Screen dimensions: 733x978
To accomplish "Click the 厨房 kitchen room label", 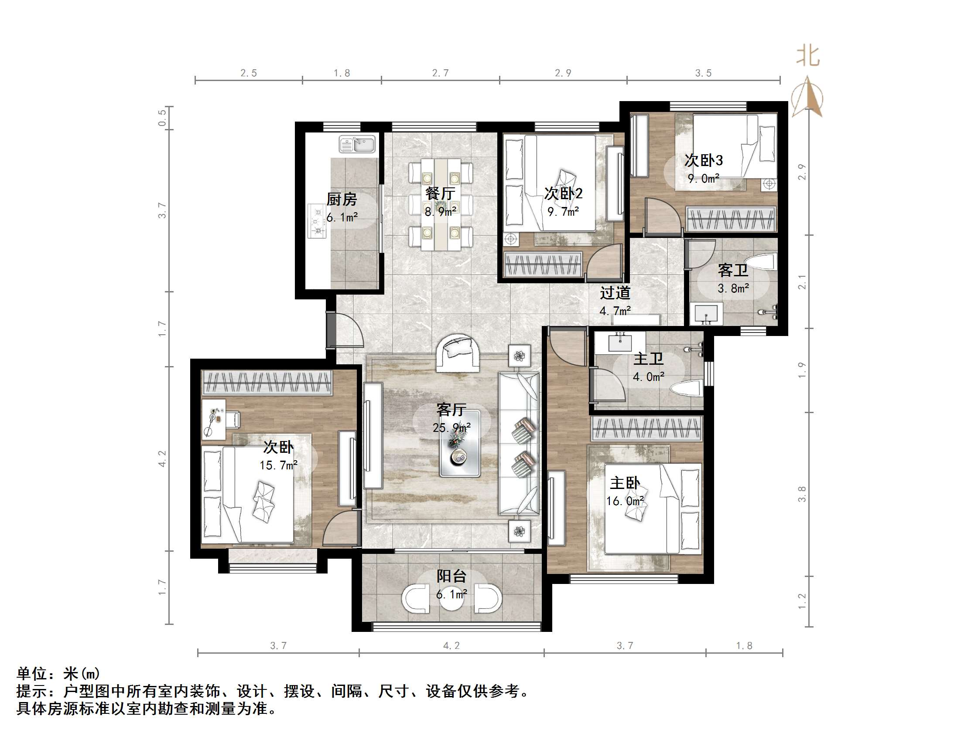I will (341, 200).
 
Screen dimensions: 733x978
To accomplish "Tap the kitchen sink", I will (357, 144).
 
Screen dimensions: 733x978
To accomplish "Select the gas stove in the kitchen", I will (317, 221).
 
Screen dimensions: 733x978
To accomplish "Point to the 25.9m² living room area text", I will (451, 428).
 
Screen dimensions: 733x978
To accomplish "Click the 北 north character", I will (808, 57).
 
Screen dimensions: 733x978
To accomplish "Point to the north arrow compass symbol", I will (807, 97).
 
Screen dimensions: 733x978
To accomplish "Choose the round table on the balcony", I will (451, 599).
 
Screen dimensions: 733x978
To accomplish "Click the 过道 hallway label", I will (615, 293).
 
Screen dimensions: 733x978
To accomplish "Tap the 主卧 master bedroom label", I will (624, 483).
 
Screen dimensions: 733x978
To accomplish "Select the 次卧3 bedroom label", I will (703, 160).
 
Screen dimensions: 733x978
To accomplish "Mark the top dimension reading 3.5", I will (703, 73).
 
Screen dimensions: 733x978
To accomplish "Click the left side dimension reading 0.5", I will (162, 118).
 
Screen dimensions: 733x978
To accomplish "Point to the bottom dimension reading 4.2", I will (451, 645).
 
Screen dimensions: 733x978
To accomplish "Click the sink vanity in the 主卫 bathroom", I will (620, 342).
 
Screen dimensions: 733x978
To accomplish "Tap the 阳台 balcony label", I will (451, 576).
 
